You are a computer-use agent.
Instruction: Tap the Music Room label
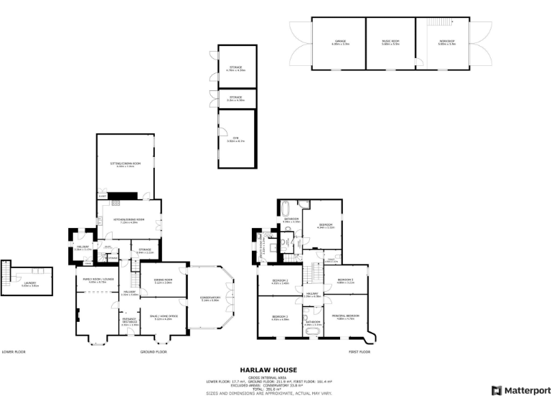click(x=391, y=42)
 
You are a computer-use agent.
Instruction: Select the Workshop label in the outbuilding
click(x=446, y=42)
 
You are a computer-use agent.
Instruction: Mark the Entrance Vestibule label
click(x=129, y=321)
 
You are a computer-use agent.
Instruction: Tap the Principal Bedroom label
click(x=345, y=316)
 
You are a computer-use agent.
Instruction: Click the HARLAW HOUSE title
click(x=275, y=370)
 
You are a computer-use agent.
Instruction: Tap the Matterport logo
click(x=516, y=391)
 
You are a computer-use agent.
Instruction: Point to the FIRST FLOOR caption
click(x=359, y=352)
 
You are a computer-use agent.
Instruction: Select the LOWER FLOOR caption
click(x=14, y=352)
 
